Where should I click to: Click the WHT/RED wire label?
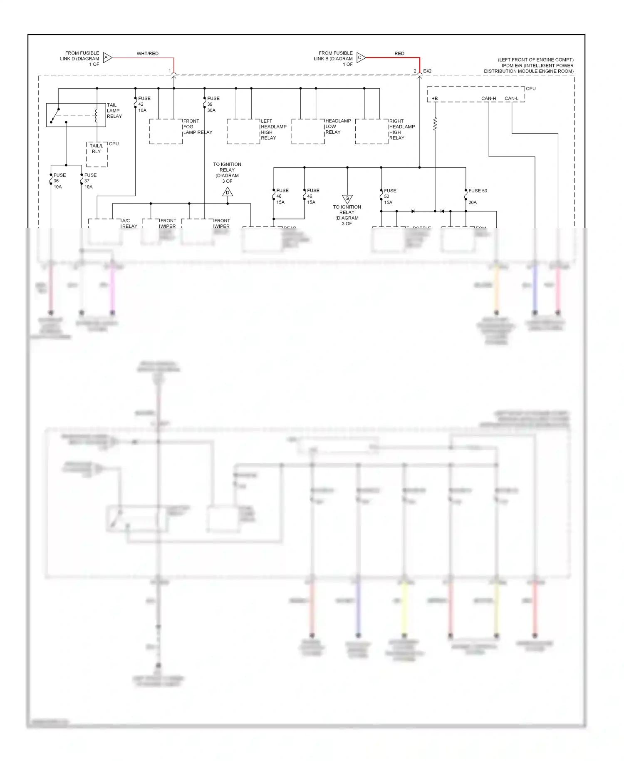pyautogui.click(x=147, y=54)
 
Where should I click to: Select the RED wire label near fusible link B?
pyautogui.click(x=399, y=54)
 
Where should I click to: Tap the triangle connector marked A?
pyautogui.click(x=107, y=58)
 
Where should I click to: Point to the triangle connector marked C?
pyautogui.click(x=360, y=58)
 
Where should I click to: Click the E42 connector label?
pyautogui.click(x=427, y=71)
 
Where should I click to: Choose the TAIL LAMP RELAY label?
pyautogui.click(x=114, y=111)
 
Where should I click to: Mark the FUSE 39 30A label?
pyautogui.click(x=213, y=104)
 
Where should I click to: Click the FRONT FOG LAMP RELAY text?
pyautogui.click(x=197, y=127)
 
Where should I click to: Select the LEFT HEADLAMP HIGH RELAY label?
pyautogui.click(x=273, y=129)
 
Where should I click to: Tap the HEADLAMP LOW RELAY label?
pyautogui.click(x=338, y=127)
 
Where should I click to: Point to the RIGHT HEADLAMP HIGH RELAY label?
pyautogui.click(x=401, y=129)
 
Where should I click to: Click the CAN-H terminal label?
pyautogui.click(x=488, y=99)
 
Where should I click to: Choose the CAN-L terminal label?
pyautogui.click(x=511, y=99)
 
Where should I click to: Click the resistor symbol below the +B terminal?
pyautogui.click(x=435, y=124)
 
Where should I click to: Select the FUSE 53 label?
pyautogui.click(x=477, y=191)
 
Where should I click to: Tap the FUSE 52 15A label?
pyautogui.click(x=389, y=196)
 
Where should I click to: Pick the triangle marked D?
pyautogui.click(x=228, y=192)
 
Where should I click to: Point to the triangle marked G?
pyautogui.click(x=347, y=199)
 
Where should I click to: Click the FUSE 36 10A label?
pyautogui.click(x=59, y=181)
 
